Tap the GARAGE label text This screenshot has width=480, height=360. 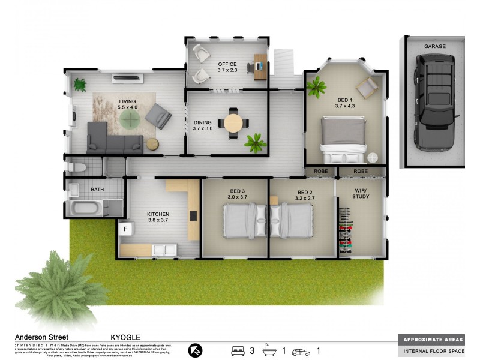(x=434, y=46)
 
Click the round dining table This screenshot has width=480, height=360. (x=233, y=123)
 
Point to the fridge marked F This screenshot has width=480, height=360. (x=126, y=229)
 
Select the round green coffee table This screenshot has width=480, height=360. (x=128, y=120)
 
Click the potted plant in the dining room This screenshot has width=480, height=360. (x=255, y=143)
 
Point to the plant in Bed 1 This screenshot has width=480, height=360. (x=315, y=88)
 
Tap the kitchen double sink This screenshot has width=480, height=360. (x=163, y=249)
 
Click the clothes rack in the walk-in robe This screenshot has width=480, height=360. (x=344, y=230)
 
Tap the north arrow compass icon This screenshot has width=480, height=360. (x=196, y=350)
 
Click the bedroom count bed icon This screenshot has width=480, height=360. (x=238, y=351)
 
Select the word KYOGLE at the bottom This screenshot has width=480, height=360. (x=125, y=338)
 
